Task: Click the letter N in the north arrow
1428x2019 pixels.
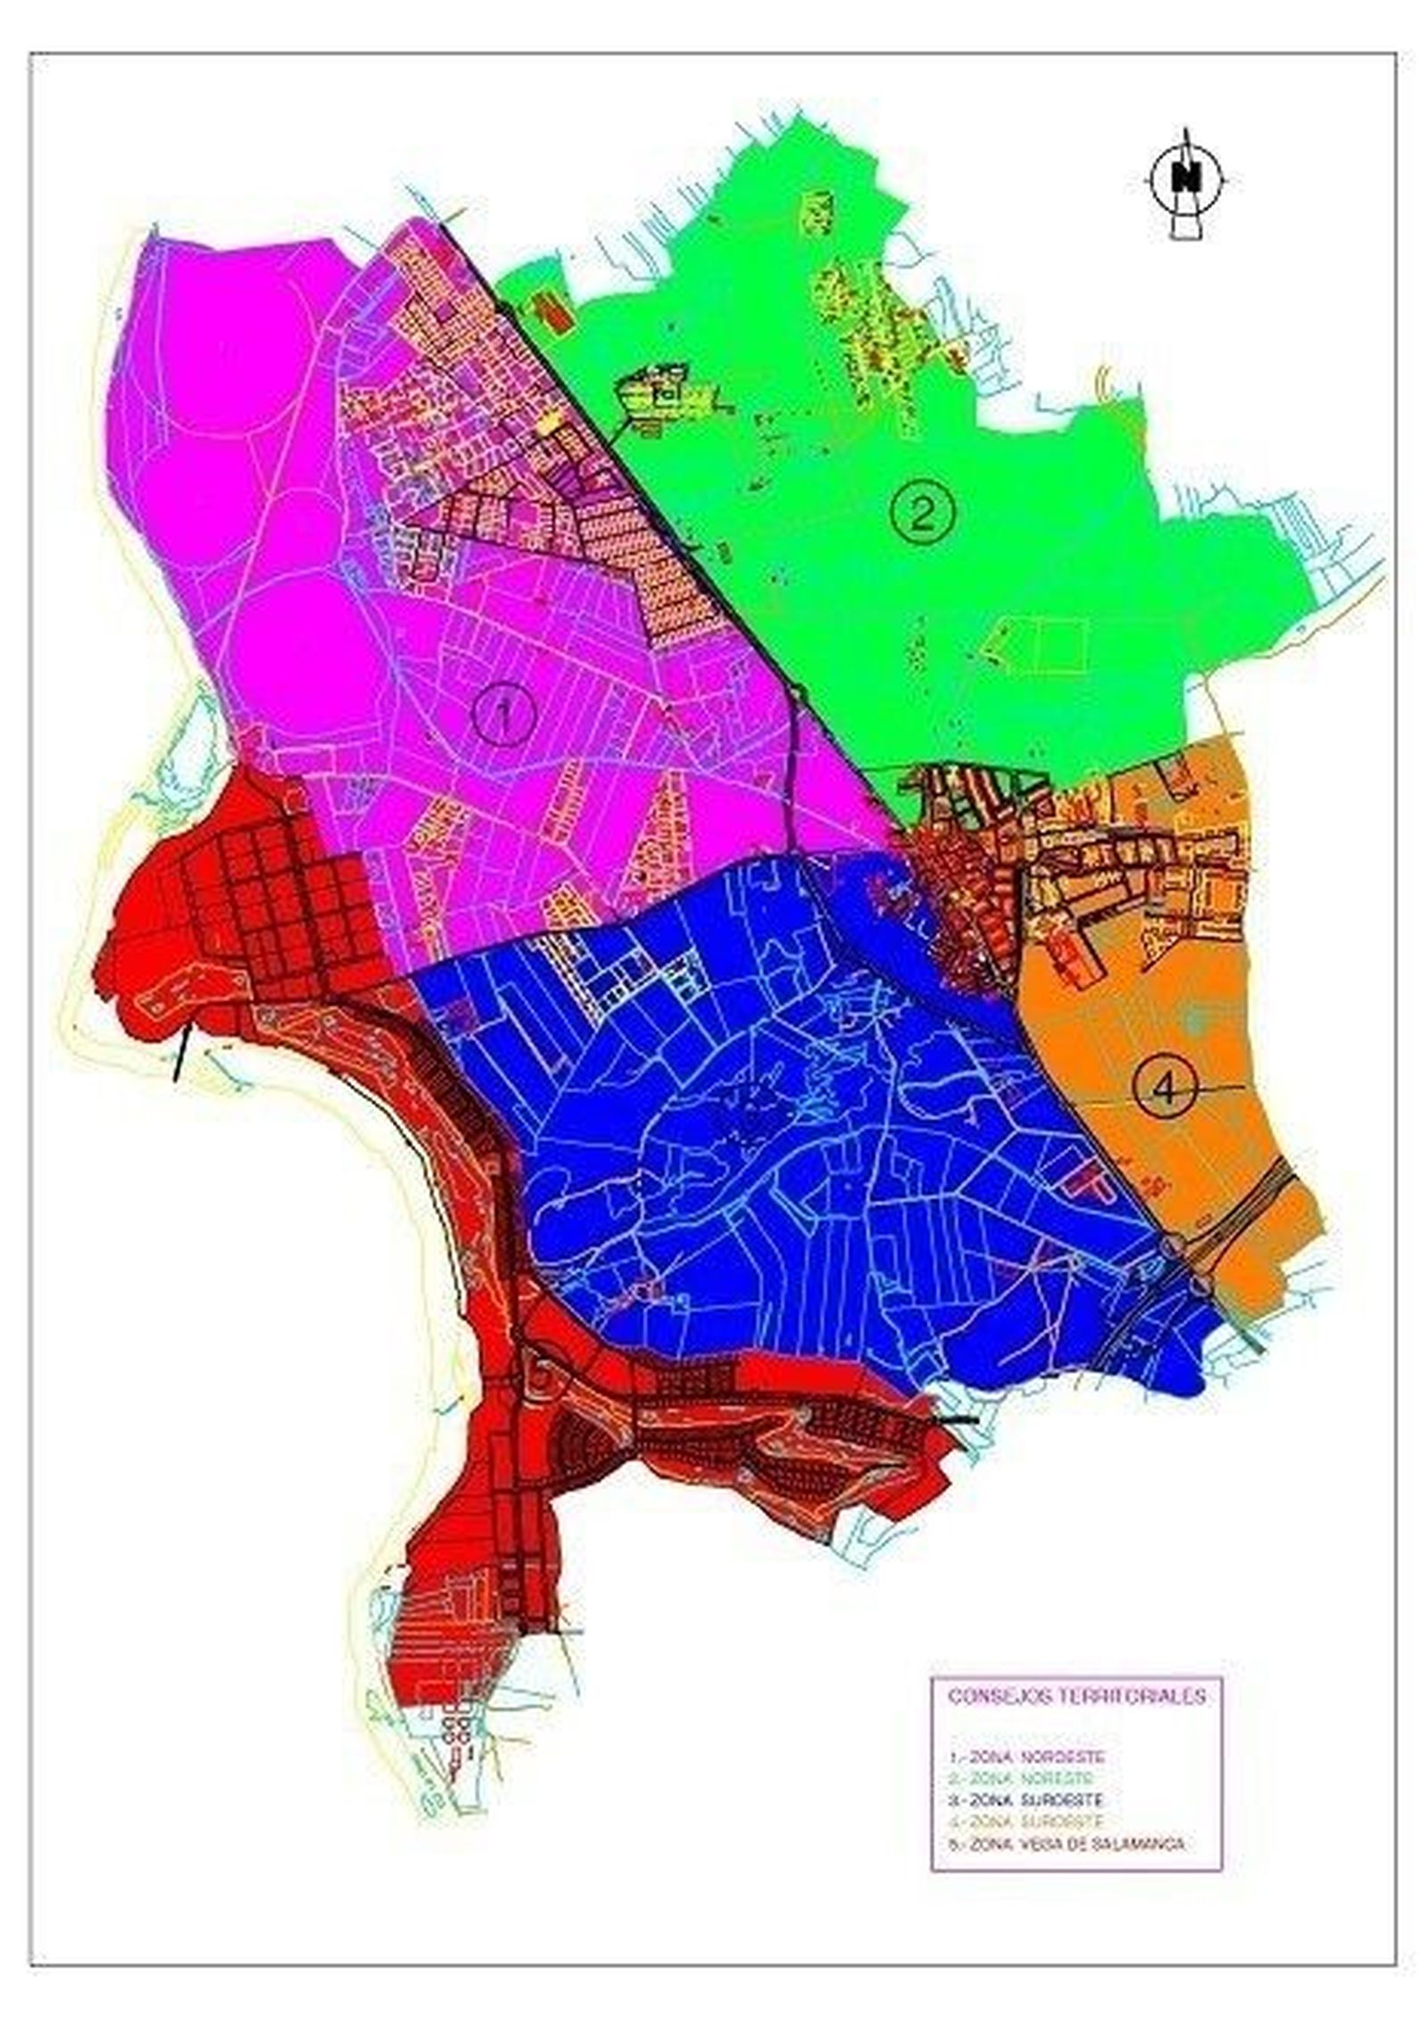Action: pyautogui.click(x=1187, y=179)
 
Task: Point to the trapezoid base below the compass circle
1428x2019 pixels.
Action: pyautogui.click(x=1187, y=229)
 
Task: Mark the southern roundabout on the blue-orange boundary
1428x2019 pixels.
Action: pyautogui.click(x=1201, y=1285)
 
